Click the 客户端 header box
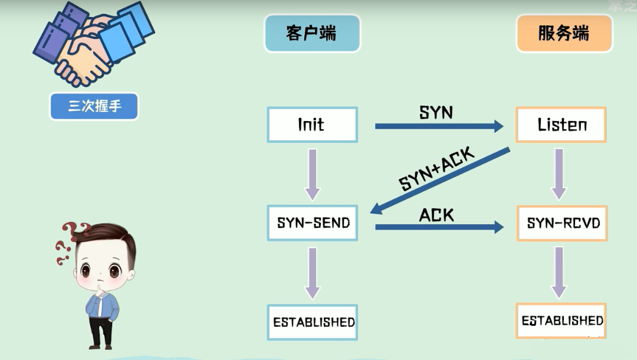[x=312, y=33]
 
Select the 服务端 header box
[x=564, y=33]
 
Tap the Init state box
[x=312, y=125]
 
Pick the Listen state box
[x=561, y=125]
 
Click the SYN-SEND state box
[x=312, y=223]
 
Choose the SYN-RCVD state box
[x=562, y=223]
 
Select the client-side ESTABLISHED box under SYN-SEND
[x=312, y=322]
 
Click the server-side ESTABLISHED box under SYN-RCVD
[x=561, y=320]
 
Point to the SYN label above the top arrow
[x=436, y=112]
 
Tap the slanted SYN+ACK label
[x=436, y=169]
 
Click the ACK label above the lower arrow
[x=436, y=215]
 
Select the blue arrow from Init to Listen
[x=439, y=126]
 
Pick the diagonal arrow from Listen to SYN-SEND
[x=440, y=181]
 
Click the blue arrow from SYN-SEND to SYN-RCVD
[x=439, y=227]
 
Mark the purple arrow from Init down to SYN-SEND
[x=313, y=175]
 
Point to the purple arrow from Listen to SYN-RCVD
[x=559, y=174]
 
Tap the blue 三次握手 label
[x=94, y=106]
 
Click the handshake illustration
[x=94, y=44]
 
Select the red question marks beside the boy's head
[x=69, y=243]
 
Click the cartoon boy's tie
[x=100, y=306]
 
